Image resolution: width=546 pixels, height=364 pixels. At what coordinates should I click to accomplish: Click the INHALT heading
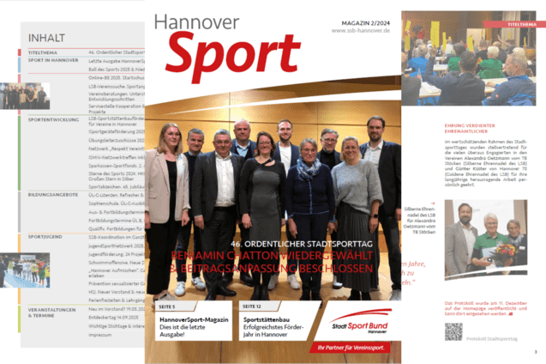pos(47,39)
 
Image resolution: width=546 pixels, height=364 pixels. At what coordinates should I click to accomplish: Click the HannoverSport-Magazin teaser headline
pos(195,319)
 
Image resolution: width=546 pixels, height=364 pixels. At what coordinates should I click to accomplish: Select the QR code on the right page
pos(453,331)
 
